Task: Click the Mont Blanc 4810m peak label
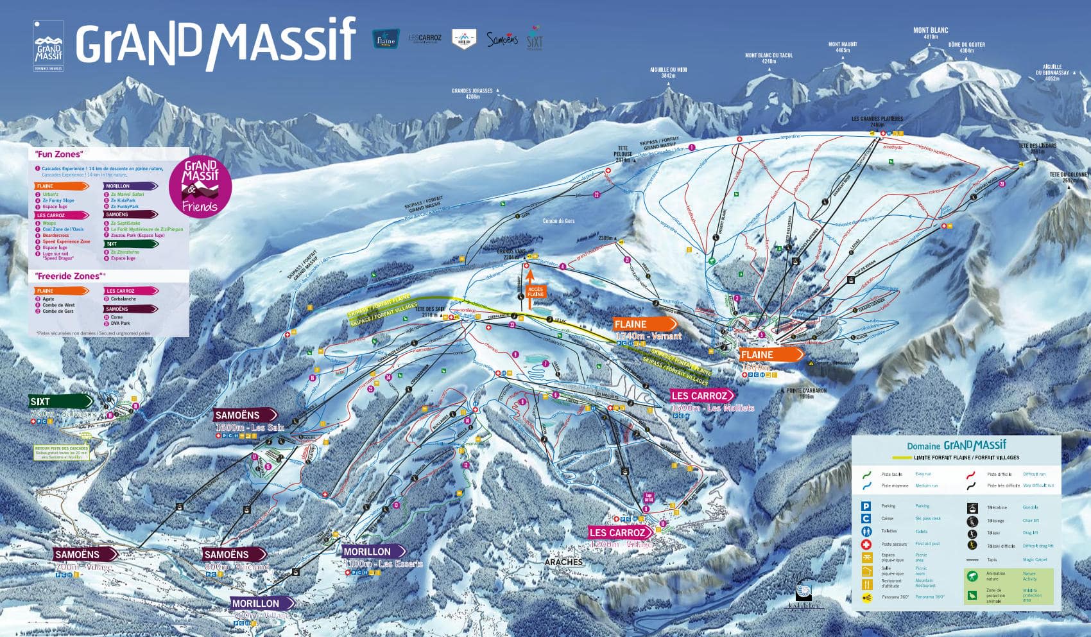click(x=930, y=33)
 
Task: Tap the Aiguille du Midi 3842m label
click(x=668, y=73)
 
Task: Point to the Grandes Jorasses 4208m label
click(x=472, y=94)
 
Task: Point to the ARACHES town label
click(x=563, y=562)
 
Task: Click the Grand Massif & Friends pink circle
click(x=200, y=187)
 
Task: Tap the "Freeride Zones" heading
click(x=69, y=276)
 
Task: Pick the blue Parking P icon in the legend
click(x=866, y=506)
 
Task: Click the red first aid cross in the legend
click(x=866, y=544)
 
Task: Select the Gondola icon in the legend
click(x=972, y=507)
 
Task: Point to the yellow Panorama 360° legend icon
click(x=866, y=597)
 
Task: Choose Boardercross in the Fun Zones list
click(x=56, y=235)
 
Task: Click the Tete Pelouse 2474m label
click(x=623, y=154)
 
